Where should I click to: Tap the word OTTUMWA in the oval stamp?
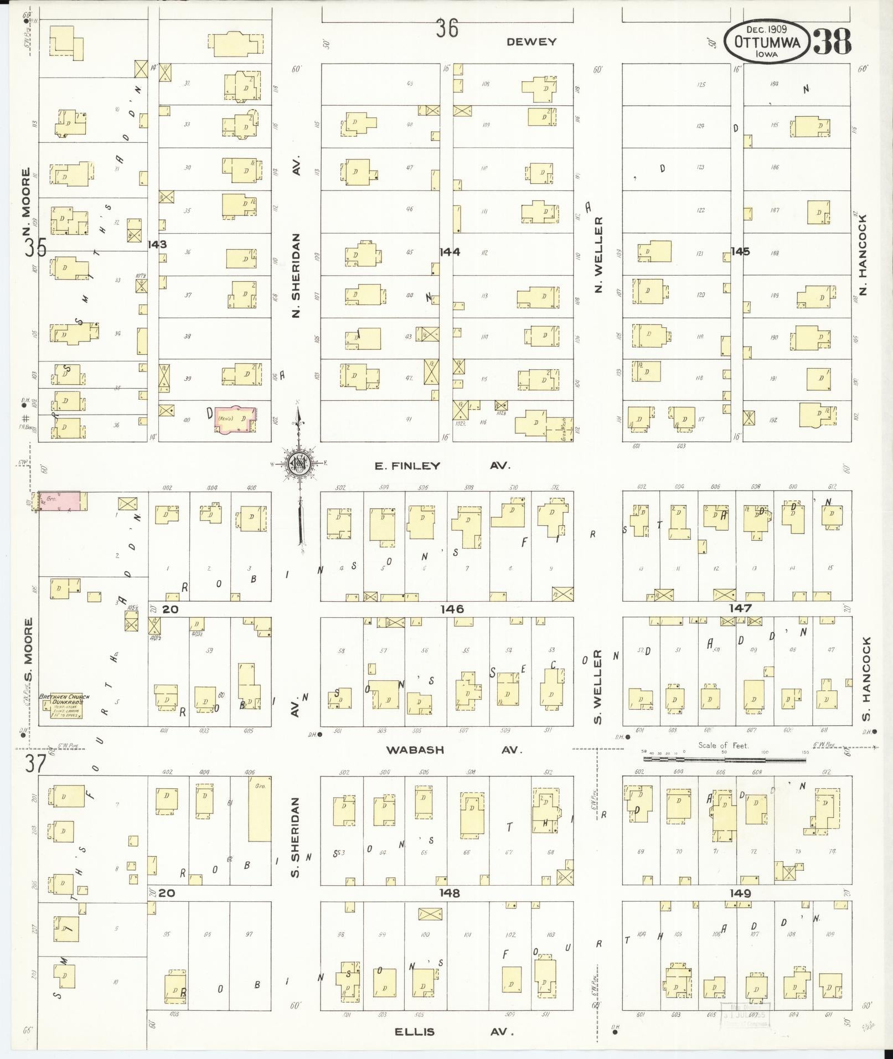[767, 43]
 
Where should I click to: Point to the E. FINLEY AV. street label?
[441, 466]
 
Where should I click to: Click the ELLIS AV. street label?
[454, 1032]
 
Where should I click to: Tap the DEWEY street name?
[531, 42]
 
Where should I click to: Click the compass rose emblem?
[299, 464]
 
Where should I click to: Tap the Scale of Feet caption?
[723, 745]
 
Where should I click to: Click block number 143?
[157, 244]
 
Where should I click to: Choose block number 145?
[740, 251]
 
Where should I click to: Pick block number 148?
[450, 893]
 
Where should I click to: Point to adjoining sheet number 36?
[446, 28]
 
